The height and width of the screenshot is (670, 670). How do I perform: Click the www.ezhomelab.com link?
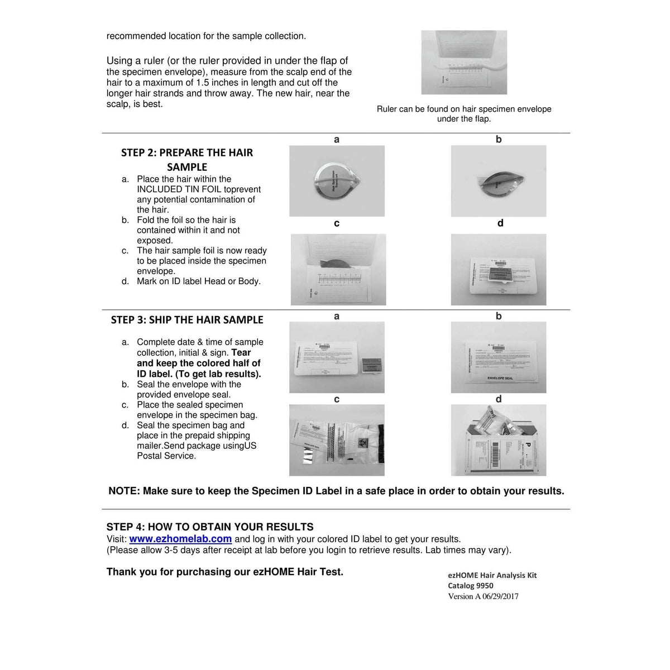180,539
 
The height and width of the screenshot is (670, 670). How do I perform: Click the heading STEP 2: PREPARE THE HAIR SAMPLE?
187,160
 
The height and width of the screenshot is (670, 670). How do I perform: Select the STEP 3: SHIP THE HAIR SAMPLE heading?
187,320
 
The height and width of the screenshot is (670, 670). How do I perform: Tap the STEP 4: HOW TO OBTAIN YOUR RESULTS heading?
210,527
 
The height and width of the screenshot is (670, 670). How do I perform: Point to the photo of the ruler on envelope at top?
464,63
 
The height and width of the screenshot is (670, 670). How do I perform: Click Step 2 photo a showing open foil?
337,181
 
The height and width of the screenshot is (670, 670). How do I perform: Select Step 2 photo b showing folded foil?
499,181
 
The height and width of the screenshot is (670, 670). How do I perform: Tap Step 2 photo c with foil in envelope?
338,270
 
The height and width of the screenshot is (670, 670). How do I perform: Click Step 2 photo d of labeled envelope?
499,270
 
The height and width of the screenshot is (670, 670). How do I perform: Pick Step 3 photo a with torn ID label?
337,357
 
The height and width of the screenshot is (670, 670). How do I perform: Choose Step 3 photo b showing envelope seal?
499,357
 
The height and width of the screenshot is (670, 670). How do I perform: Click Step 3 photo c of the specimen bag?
337,440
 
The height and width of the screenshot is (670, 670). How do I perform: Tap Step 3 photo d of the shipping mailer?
499,440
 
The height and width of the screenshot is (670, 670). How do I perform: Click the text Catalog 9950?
471,586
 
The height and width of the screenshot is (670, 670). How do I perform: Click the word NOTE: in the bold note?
124,491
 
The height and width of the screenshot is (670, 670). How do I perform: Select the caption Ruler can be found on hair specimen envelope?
464,109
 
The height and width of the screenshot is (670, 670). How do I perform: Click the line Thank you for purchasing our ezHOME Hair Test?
225,572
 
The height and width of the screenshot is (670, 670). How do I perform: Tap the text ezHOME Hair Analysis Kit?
492,575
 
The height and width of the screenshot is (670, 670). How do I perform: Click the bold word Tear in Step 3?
241,353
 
